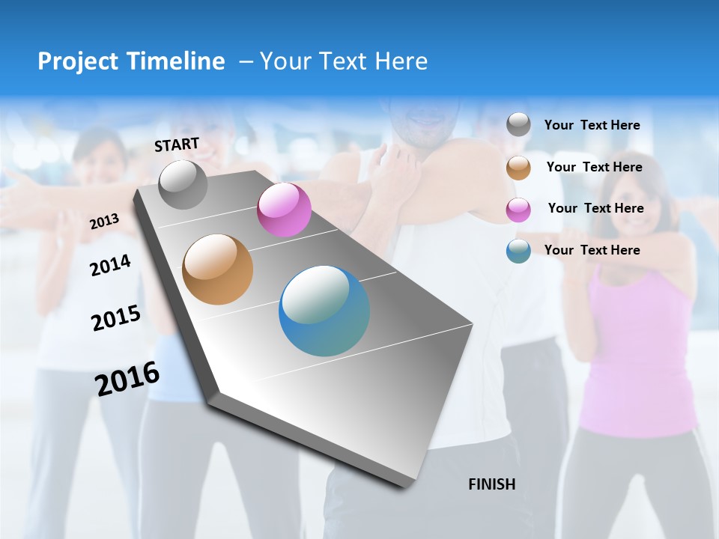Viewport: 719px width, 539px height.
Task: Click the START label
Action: coord(177,144)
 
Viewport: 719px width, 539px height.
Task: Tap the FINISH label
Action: coord(491,484)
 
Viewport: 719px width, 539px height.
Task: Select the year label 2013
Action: coord(104,222)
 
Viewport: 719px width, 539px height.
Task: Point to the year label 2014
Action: coord(110,265)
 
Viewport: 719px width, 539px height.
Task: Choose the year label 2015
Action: coord(116,318)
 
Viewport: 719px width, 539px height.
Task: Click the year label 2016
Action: coord(127,379)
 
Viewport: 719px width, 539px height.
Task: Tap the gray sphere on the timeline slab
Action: coord(183,184)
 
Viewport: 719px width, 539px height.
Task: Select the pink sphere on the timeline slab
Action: coord(284,210)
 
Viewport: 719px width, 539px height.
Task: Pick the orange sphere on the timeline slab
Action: coord(217,269)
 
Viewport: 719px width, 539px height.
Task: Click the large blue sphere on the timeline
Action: coord(324,311)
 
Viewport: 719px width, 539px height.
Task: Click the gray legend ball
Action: coord(518,125)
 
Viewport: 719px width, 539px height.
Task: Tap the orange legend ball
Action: coord(518,168)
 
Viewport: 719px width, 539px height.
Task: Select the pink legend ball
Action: coord(518,210)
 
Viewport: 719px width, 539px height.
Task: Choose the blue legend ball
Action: coord(518,251)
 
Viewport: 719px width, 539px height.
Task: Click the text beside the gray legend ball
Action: coord(592,126)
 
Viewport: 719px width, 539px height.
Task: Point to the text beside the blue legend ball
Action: coord(592,250)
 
